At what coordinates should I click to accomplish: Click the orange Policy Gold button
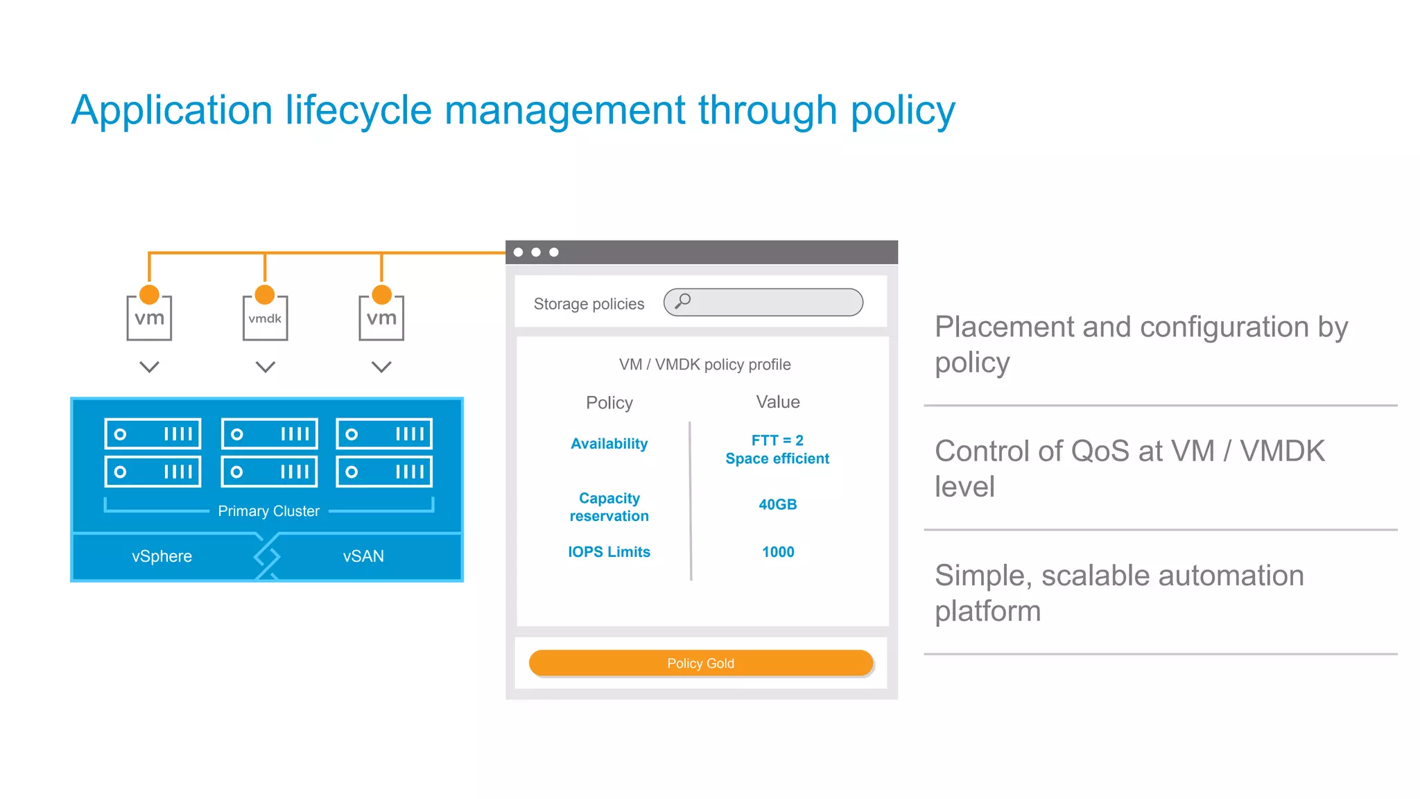point(700,663)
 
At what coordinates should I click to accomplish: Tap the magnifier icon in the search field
point(683,301)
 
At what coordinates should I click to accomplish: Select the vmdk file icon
point(265,318)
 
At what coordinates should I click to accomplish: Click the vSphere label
point(162,556)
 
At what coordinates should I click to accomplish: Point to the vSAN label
point(363,556)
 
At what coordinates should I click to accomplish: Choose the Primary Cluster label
point(268,511)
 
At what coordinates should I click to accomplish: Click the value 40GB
point(777,504)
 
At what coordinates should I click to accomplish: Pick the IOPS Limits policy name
point(609,552)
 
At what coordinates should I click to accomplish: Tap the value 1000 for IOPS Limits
point(778,552)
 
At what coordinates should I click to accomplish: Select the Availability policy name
point(609,444)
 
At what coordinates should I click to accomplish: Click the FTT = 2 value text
point(777,440)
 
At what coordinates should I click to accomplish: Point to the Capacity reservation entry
point(609,507)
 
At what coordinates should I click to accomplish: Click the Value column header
point(778,402)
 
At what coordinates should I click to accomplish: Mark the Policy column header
point(609,403)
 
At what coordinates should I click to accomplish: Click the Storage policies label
point(589,304)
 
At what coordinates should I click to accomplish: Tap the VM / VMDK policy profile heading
point(704,365)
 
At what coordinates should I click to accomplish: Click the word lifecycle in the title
point(358,110)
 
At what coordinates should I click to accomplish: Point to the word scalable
point(1102,576)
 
